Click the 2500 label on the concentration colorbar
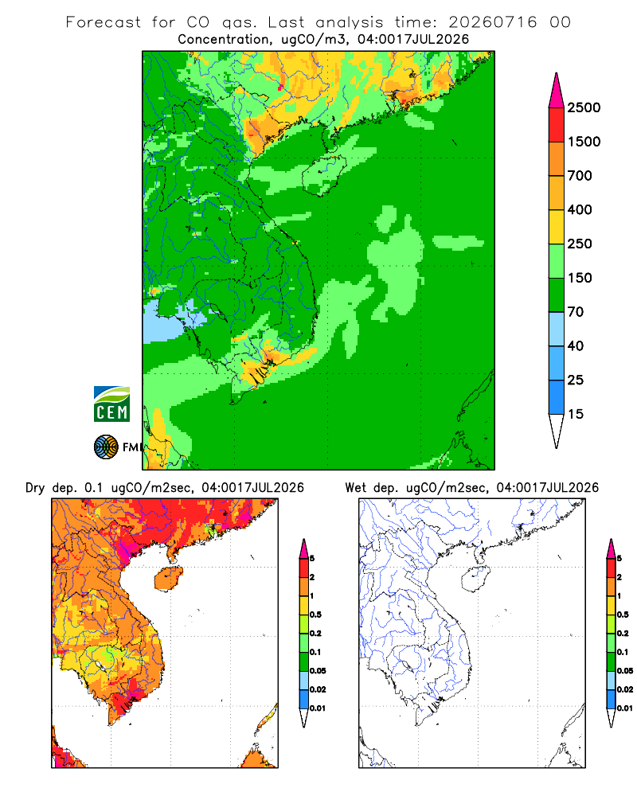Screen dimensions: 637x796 [x=584, y=107]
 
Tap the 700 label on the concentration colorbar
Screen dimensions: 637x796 [x=580, y=176]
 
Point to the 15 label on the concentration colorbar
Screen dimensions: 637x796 [x=576, y=414]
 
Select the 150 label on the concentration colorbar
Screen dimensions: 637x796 [x=580, y=278]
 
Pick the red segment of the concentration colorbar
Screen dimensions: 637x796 [x=557, y=125]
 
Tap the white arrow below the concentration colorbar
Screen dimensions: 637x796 [x=557, y=430]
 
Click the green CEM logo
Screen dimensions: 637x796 [x=111, y=404]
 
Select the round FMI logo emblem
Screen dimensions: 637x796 [x=106, y=447]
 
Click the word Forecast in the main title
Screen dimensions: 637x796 [x=104, y=22]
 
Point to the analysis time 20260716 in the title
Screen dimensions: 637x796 [x=492, y=22]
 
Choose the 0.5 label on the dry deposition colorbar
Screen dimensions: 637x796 [x=315, y=615]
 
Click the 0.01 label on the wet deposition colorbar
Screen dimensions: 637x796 [x=625, y=708]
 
